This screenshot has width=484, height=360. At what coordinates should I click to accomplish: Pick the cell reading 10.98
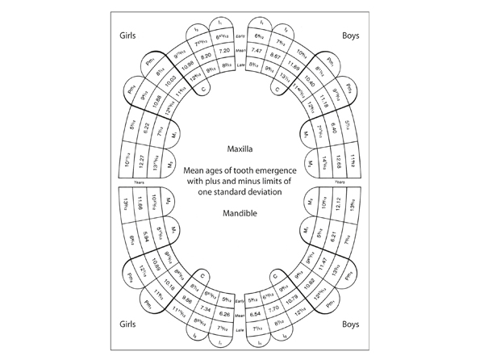pyautogui.click(x=187, y=63)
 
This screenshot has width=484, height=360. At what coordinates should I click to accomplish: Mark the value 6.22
pyautogui.click(x=147, y=127)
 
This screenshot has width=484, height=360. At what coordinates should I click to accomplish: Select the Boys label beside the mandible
pyautogui.click(x=349, y=324)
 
